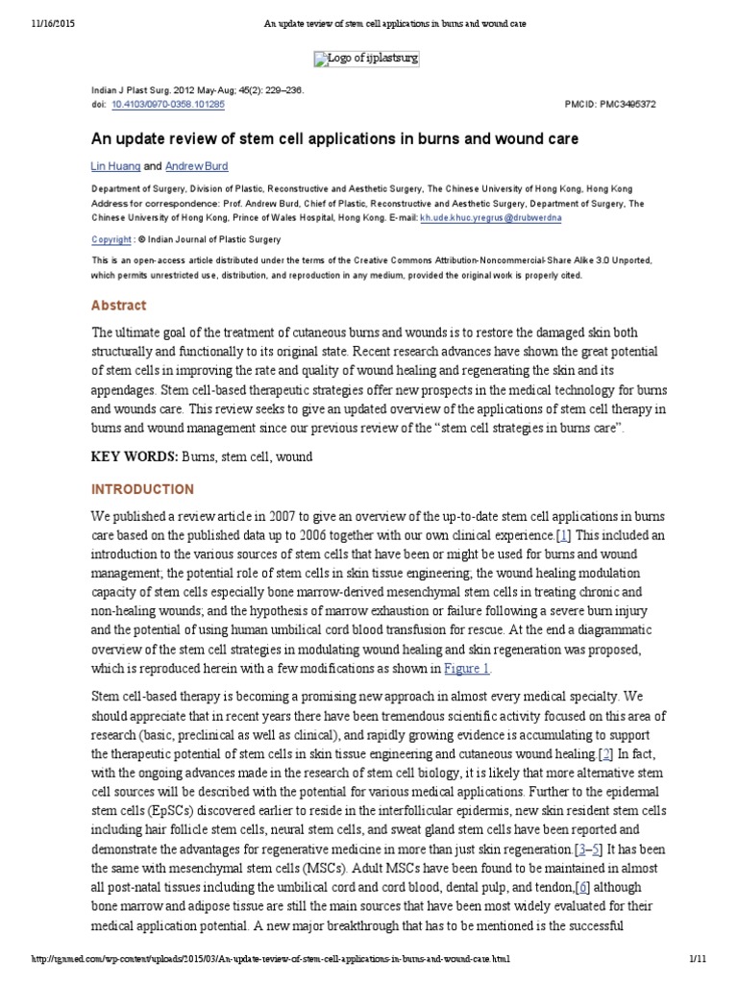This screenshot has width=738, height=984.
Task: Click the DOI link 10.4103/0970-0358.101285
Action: [168, 103]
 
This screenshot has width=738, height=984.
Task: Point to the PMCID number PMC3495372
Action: [622, 103]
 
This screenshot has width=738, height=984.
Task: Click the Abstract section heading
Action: [119, 306]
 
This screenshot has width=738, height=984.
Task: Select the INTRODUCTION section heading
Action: [142, 489]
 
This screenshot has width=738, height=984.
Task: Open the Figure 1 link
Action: [467, 668]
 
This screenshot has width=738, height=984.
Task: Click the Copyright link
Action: [111, 239]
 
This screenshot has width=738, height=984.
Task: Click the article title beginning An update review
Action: [334, 139]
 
